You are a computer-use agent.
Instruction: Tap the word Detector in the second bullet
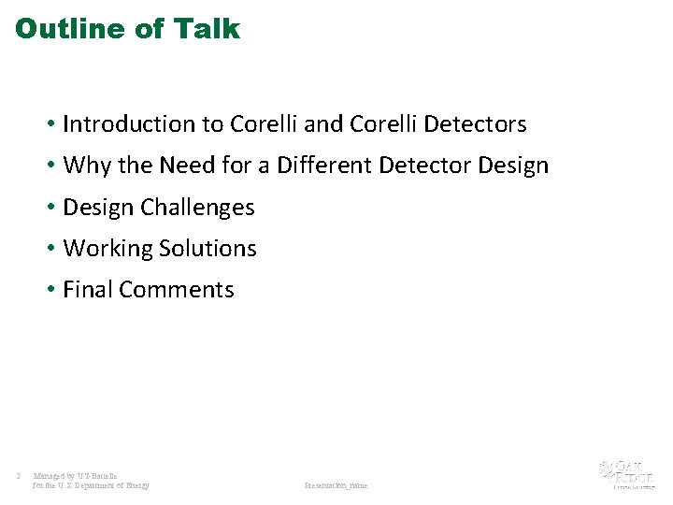[424, 166]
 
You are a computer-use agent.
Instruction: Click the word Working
[107, 249]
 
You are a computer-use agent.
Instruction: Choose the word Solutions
[208, 249]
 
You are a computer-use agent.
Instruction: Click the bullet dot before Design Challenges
[50, 208]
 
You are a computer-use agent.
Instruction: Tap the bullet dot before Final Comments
[50, 290]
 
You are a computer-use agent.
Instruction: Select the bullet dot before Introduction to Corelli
[50, 124]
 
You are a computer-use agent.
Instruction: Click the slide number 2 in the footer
[19, 477]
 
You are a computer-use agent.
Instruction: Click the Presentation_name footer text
[336, 485]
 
